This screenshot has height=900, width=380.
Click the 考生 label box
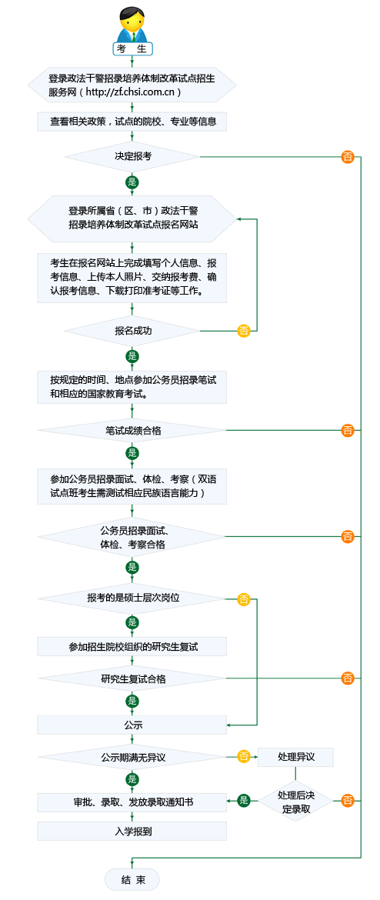click(132, 49)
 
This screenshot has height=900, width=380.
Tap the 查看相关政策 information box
click(132, 121)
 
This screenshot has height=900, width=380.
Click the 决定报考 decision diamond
click(132, 156)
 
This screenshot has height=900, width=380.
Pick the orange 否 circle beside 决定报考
click(348, 157)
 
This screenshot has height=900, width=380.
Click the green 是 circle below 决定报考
click(132, 182)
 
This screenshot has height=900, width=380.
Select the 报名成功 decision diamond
click(132, 331)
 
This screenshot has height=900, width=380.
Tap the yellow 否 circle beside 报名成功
click(244, 331)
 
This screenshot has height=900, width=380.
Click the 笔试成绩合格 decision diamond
click(132, 430)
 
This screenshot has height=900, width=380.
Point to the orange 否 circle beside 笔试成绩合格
click(348, 430)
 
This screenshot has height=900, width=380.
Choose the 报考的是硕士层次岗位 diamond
click(132, 598)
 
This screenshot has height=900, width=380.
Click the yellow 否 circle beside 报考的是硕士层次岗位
click(244, 598)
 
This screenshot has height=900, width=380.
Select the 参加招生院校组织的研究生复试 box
click(132, 647)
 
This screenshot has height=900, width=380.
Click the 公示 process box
click(132, 725)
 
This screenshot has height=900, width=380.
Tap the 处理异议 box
click(295, 757)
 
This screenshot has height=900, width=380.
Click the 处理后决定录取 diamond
click(295, 802)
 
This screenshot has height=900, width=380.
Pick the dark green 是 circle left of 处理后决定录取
click(244, 801)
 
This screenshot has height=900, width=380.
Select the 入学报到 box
click(132, 832)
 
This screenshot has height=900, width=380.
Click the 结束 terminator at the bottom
click(132, 880)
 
